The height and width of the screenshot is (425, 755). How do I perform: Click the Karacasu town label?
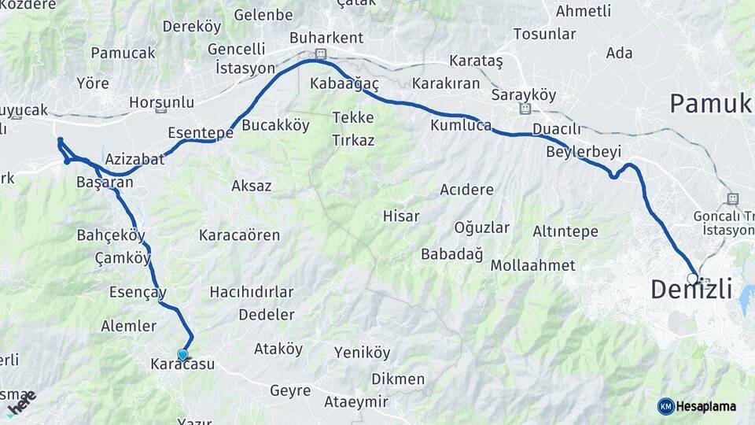182,365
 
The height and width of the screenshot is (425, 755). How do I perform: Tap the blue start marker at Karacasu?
183,355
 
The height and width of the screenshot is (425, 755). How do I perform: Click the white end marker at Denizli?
693,279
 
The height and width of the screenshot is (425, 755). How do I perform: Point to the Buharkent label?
326,38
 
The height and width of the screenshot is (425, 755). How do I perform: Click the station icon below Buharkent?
320,54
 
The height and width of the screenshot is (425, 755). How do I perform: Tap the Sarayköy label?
523,94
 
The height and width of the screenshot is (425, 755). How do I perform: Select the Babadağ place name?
451,253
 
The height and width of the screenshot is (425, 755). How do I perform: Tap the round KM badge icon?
666,406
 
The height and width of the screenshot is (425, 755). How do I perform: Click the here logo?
21,402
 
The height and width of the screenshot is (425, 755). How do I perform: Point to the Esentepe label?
201,132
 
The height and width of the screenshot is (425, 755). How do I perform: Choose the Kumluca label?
461,125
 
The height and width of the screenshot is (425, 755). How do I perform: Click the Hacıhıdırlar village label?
252,292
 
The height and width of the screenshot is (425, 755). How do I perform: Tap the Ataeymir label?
356,402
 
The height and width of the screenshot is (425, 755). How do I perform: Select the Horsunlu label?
161,102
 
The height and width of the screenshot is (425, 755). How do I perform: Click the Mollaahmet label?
532,265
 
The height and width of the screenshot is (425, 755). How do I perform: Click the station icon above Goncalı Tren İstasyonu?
733,198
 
